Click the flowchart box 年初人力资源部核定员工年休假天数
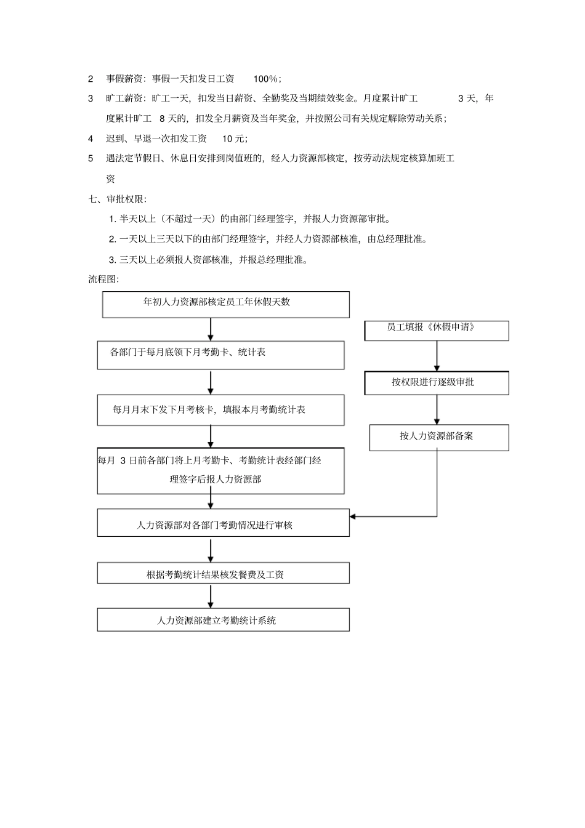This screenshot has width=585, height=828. click(x=225, y=304)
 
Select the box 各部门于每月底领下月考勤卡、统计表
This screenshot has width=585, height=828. click(x=220, y=355)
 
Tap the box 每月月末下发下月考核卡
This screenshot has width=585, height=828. click(x=220, y=410)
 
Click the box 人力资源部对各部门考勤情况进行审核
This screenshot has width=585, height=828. click(x=223, y=523)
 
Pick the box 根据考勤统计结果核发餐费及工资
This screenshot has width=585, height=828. click(x=223, y=573)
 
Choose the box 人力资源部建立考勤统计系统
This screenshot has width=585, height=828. click(x=223, y=619)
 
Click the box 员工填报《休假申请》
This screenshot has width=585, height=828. click(x=437, y=330)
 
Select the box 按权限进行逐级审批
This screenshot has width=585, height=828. click(x=437, y=382)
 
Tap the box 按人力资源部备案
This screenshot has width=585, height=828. click(x=439, y=437)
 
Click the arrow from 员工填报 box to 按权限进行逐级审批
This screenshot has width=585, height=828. click(x=437, y=356)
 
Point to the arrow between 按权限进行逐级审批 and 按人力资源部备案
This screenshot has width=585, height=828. click(x=437, y=409)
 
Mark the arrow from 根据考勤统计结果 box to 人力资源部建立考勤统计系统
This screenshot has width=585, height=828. click(x=211, y=596)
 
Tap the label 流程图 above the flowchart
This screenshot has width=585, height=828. click(x=103, y=279)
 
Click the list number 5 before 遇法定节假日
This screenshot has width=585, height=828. click(x=91, y=158)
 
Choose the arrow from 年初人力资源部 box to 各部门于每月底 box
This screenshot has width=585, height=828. click(x=211, y=329)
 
